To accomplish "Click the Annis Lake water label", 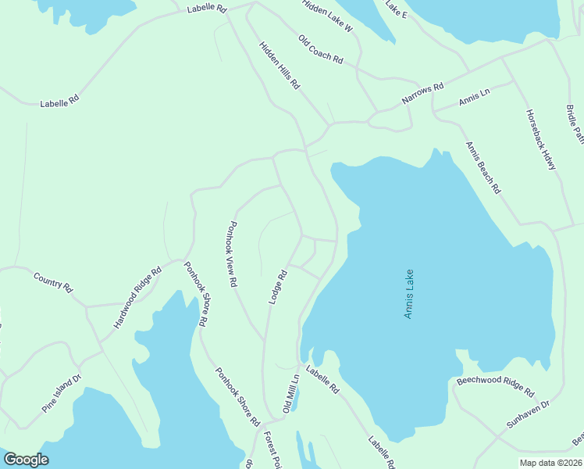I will tap(408, 294).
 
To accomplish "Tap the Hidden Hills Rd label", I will tap(280, 65).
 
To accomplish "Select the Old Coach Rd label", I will tap(320, 48).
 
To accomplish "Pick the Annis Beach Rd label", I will tap(483, 167).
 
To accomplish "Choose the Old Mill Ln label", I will tap(290, 393).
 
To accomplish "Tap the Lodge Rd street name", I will tap(279, 286).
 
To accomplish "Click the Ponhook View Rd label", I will tap(231, 255).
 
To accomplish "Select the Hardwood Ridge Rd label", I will tap(137, 296).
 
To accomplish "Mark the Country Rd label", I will tap(53, 281).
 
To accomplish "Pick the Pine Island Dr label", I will tap(61, 394).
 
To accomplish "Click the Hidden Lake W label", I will tap(327, 15).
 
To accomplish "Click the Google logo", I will tap(26, 459).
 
